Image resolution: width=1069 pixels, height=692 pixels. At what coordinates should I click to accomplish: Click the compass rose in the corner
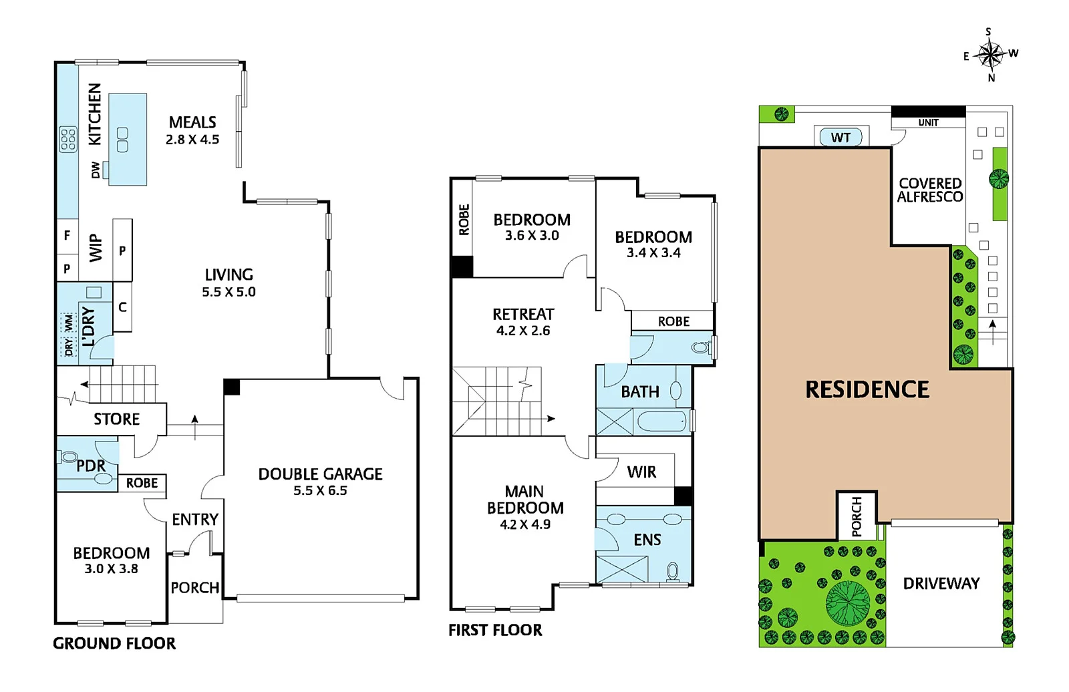[990, 55]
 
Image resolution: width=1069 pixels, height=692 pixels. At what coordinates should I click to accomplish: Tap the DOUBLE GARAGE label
[320, 474]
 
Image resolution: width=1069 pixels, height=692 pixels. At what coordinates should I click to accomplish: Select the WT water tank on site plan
[841, 138]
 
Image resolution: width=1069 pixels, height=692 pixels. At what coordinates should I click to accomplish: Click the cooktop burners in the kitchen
[68, 139]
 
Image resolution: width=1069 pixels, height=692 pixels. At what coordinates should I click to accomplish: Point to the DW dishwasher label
[96, 170]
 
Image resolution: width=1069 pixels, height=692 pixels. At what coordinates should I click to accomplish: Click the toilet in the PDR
[68, 458]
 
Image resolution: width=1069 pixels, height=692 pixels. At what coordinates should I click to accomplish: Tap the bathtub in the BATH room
[661, 421]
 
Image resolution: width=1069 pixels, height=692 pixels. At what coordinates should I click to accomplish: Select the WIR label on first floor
[641, 472]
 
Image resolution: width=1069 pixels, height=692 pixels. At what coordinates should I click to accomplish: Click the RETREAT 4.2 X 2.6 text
[523, 322]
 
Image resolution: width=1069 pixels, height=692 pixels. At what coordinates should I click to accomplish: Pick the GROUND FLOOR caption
[114, 644]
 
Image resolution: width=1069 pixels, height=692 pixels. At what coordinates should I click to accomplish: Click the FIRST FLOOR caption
[495, 631]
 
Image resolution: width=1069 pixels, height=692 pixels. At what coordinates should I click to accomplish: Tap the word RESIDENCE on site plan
[867, 390]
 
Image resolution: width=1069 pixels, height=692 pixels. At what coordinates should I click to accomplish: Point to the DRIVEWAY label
[941, 584]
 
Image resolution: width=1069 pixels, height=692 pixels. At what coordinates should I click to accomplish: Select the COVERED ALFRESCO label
[929, 190]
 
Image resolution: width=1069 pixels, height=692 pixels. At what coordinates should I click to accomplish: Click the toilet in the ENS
[673, 571]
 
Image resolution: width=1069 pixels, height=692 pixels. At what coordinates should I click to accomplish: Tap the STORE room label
[116, 419]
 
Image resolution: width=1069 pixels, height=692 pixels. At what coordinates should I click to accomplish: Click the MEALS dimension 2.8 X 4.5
[192, 140]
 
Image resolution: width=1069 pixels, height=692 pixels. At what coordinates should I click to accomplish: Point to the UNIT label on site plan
[928, 123]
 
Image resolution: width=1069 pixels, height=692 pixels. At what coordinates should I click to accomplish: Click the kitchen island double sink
[122, 140]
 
